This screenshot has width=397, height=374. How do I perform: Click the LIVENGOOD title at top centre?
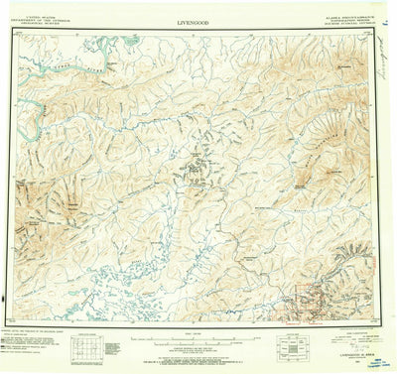pyautogui.click(x=198, y=19)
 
